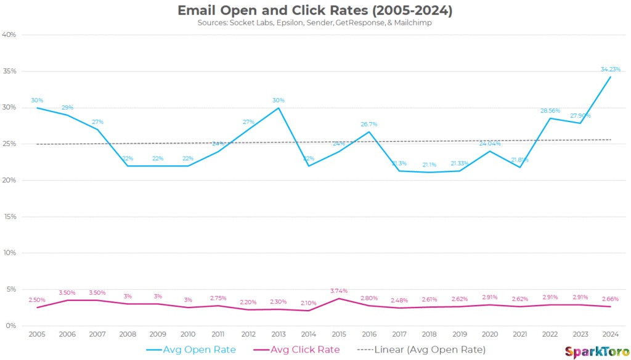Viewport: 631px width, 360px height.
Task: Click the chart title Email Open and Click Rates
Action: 315,10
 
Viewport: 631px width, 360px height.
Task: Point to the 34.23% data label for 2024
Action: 610,69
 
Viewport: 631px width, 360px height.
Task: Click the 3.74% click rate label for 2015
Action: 339,291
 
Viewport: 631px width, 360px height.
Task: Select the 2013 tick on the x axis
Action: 279,333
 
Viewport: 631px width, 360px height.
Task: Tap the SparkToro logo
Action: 593,351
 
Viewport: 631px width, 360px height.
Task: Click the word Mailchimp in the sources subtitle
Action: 413,23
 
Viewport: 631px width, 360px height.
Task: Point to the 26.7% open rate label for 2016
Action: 369,124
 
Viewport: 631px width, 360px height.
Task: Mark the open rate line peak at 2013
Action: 279,108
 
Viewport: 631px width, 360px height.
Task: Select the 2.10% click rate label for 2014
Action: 309,303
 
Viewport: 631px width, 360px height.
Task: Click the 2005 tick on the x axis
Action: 38,333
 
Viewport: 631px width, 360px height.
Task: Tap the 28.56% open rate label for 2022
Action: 550,111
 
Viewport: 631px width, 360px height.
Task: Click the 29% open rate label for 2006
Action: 68,108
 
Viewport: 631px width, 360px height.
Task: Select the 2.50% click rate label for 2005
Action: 38,300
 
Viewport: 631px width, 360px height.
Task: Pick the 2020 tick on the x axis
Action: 489,333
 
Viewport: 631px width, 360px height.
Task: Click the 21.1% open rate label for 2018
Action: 429,165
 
